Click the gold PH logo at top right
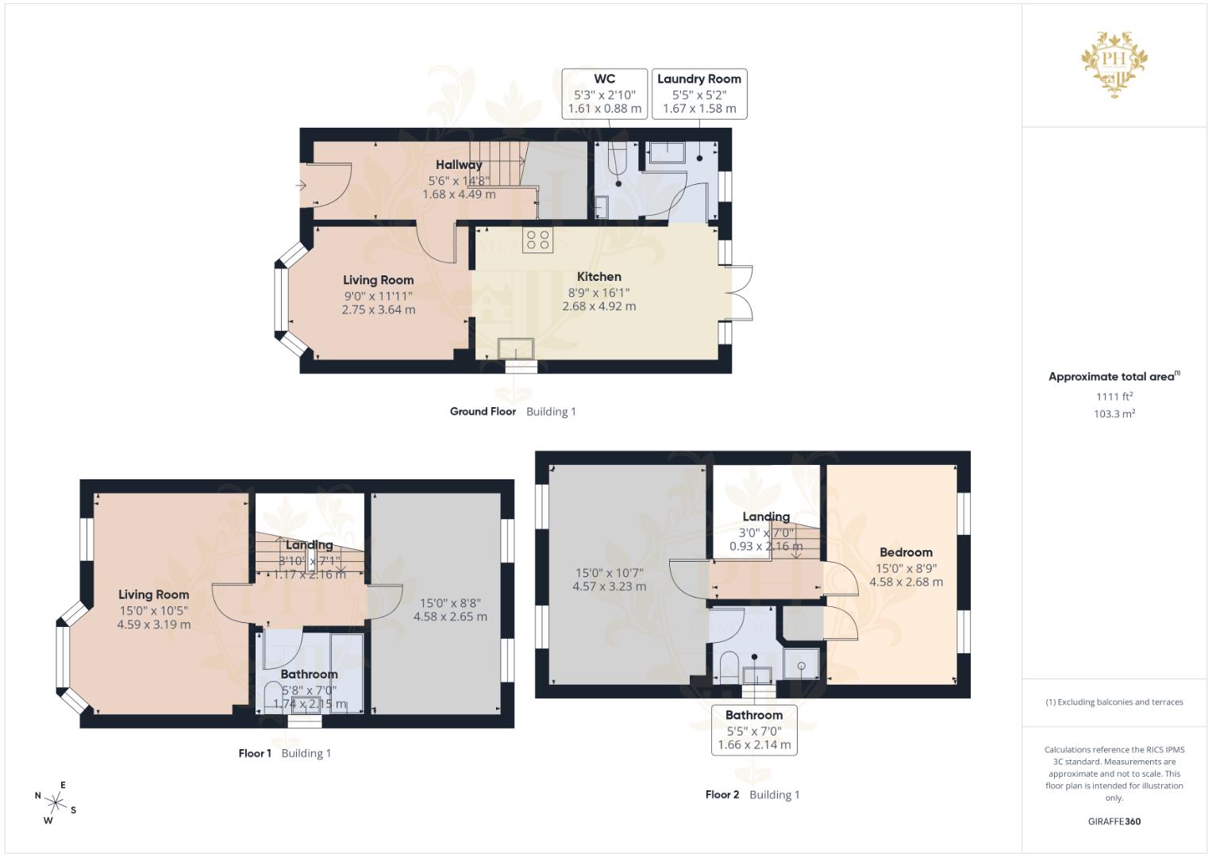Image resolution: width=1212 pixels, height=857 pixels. coord(1114,63)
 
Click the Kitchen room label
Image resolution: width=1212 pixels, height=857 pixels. coord(598,277)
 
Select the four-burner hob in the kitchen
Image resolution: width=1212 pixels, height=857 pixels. coord(537,240)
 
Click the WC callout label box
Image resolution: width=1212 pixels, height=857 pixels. coord(604,94)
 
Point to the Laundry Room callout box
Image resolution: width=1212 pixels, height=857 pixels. coord(698,94)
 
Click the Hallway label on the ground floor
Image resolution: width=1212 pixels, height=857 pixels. coord(458,165)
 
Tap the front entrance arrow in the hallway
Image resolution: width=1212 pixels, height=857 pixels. coord(301,186)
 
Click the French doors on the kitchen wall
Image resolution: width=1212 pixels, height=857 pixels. coord(740,293)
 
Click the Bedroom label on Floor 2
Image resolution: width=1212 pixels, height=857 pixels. coord(906,552)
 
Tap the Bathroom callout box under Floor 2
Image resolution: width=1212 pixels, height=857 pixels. coord(753,729)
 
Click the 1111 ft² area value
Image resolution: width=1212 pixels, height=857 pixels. coord(1114,396)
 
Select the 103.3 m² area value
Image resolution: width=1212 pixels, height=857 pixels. coord(1114,413)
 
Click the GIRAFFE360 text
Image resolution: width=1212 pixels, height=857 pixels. coord(1114,821)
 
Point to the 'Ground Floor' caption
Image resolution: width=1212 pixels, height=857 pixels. coord(483,411)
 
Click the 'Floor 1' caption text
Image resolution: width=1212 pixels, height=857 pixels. coord(255,753)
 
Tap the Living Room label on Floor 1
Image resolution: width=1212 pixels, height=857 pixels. coord(153,594)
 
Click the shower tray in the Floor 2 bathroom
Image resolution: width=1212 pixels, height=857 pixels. coord(802,663)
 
